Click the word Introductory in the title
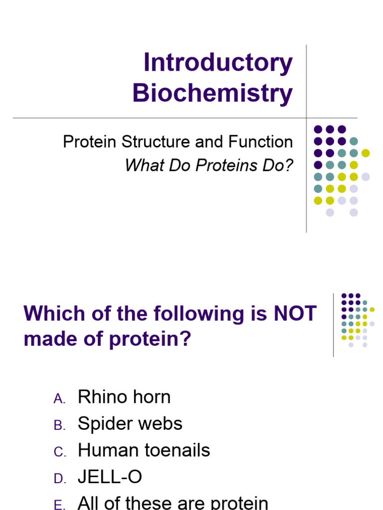click(218, 64)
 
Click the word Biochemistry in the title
click(212, 93)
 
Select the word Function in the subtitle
click(260, 142)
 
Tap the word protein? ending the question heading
click(150, 340)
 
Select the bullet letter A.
click(59, 398)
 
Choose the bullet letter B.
click(59, 425)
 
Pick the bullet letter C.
click(59, 452)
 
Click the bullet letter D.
click(59, 479)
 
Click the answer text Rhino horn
click(124, 397)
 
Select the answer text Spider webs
click(130, 424)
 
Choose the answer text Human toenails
click(144, 451)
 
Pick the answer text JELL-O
click(110, 478)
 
